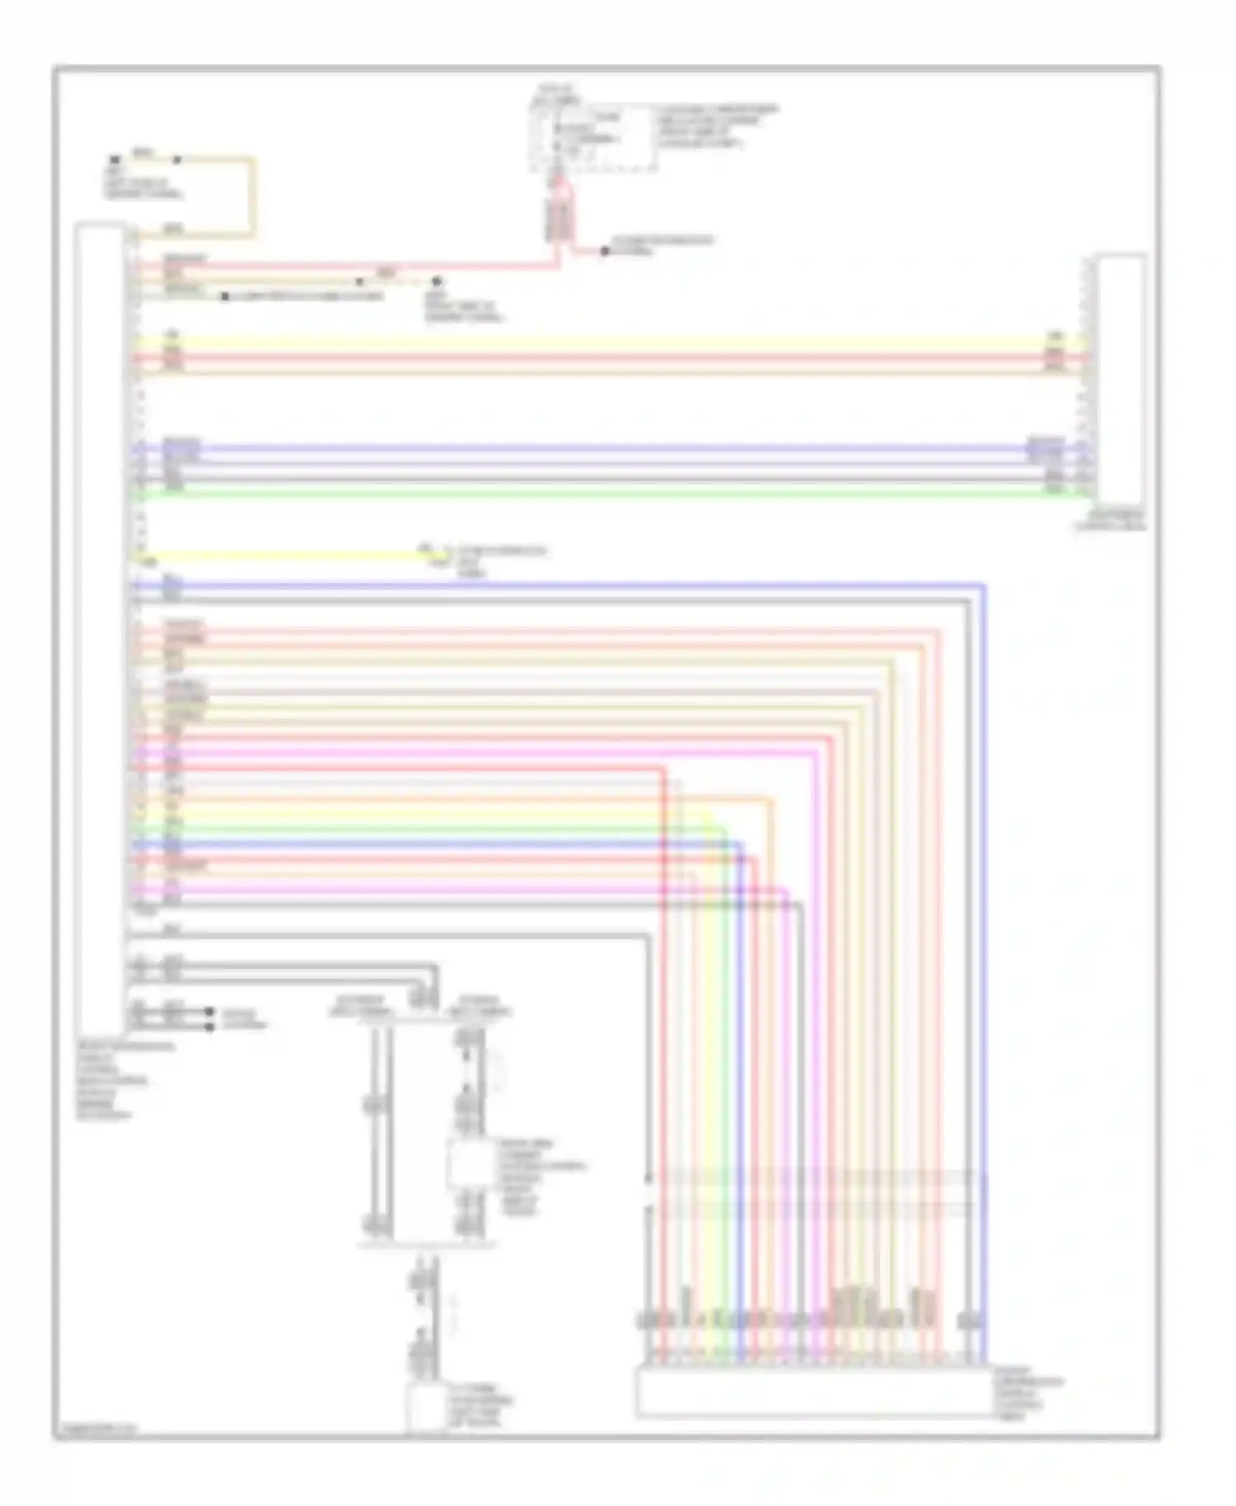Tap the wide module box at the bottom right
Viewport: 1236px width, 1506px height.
(x=812, y=1392)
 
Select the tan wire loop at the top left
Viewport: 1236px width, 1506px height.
(x=251, y=198)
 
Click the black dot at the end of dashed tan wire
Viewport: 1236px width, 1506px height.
(x=438, y=281)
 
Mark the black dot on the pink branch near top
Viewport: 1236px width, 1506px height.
(x=604, y=250)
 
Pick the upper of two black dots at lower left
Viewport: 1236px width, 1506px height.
(x=211, y=1011)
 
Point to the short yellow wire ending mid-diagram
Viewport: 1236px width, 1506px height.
(x=280, y=556)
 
